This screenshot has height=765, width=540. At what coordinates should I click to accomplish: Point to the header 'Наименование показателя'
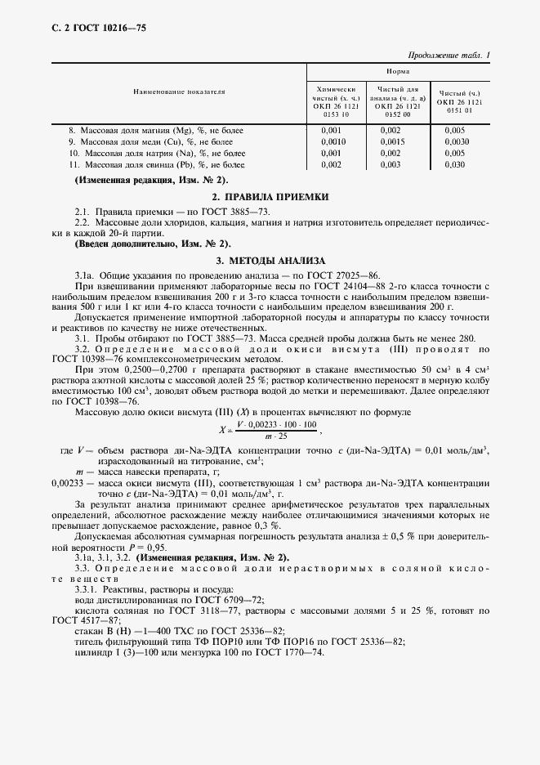[x=179, y=94]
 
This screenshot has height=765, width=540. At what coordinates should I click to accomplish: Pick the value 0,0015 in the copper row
[x=390, y=141]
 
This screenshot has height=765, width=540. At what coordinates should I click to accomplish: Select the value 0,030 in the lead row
[x=455, y=164]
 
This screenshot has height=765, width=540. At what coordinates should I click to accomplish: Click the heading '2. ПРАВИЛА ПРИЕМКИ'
[x=270, y=197]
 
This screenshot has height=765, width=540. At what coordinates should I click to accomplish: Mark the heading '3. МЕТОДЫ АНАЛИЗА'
[x=270, y=260]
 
